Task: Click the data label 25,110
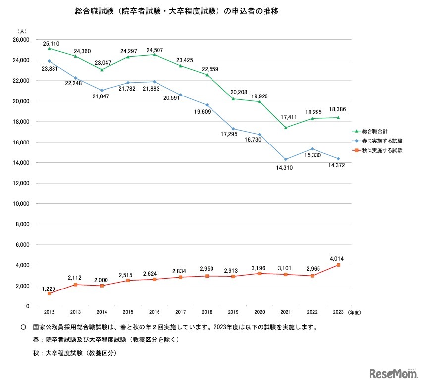pos(52,43)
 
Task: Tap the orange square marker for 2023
pos(338,265)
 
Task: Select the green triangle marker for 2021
pos(286,128)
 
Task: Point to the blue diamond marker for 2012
pos(49,61)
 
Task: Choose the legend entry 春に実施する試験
pos(382,141)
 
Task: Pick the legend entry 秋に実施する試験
pos(382,150)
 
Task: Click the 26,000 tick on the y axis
pos(21,40)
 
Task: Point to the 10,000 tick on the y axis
pos(21,204)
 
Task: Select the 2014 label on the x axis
pos(102,312)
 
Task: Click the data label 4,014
pos(338,257)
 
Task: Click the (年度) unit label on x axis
pos(358,312)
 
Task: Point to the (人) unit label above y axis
pos(22,31)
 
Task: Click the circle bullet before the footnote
pos(23,328)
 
